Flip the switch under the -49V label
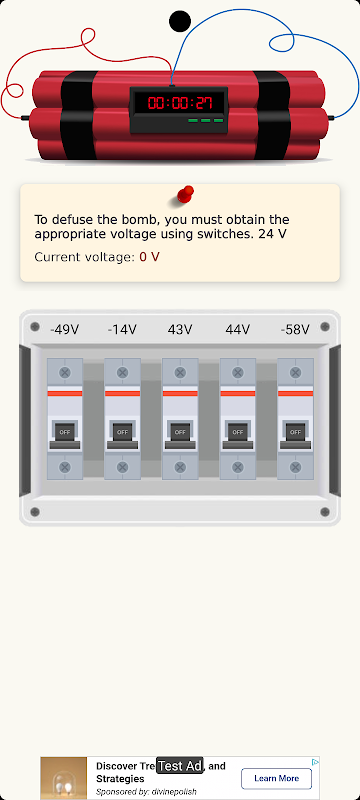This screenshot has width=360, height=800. (65, 433)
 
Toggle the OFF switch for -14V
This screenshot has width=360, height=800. (122, 433)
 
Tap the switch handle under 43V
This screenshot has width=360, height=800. (180, 433)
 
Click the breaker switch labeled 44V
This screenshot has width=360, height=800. (238, 433)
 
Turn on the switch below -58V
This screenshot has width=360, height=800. (295, 433)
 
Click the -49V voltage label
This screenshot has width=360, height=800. (65, 330)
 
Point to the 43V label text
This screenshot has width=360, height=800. (180, 330)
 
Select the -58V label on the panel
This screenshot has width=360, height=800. (295, 330)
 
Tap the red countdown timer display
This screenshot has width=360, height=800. (179, 104)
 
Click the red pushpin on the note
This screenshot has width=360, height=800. (185, 195)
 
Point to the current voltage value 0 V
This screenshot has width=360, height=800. (149, 257)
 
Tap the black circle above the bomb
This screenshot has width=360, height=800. (180, 21)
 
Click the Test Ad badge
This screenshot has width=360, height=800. (179, 765)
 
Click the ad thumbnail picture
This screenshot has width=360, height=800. (64, 778)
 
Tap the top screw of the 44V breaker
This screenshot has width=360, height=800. (238, 372)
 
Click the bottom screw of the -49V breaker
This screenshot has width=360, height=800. (65, 467)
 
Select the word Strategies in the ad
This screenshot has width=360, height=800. (120, 779)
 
